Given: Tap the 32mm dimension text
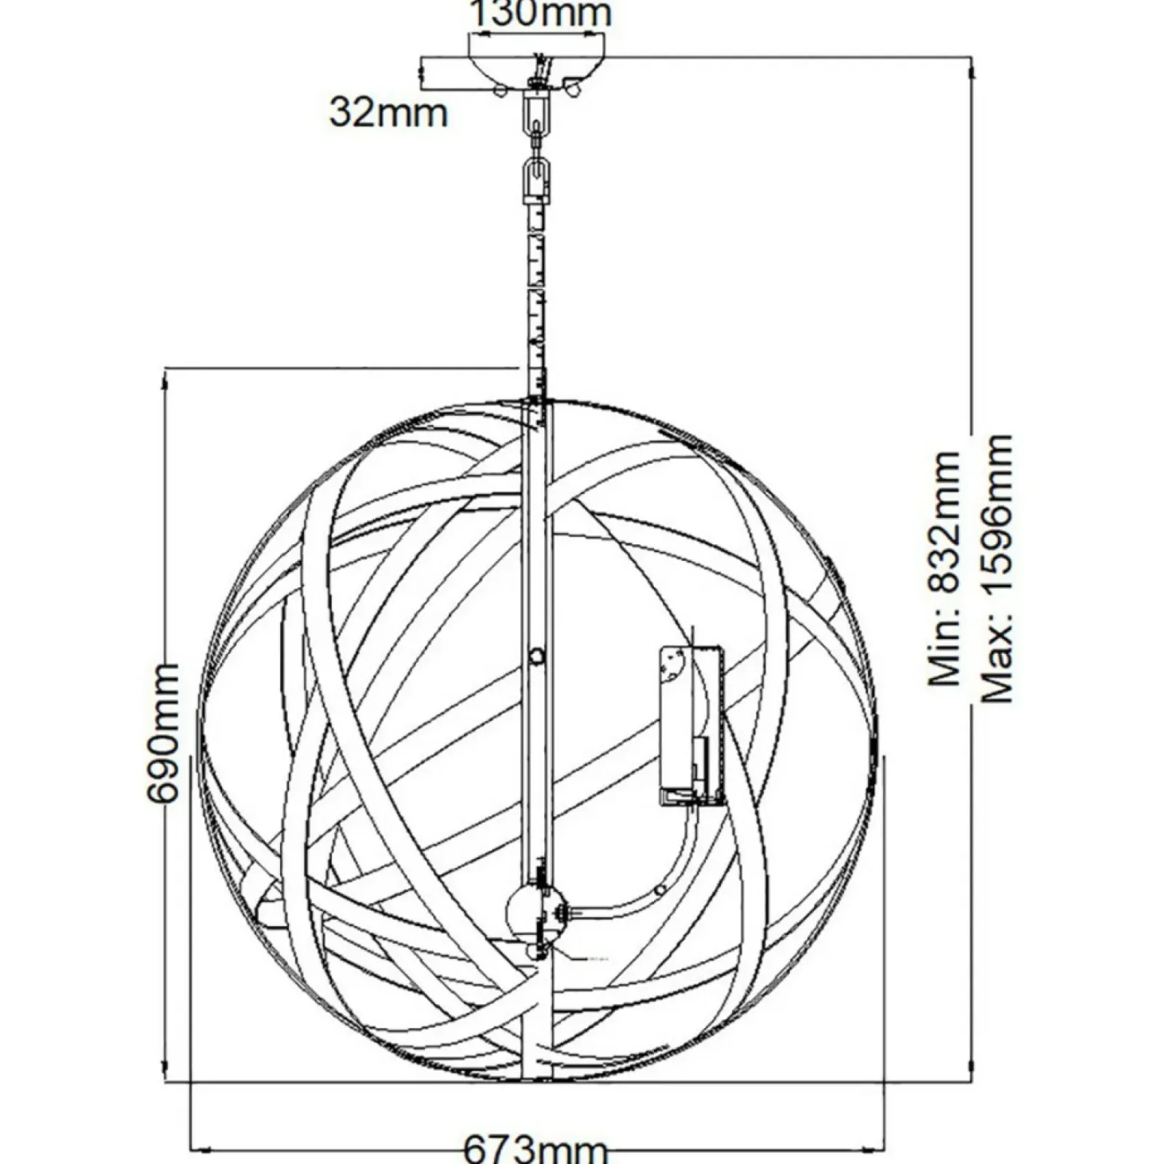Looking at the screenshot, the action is [388, 113].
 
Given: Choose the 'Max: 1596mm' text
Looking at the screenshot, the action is [997, 569].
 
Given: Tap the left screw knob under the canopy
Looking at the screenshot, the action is [500, 90].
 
